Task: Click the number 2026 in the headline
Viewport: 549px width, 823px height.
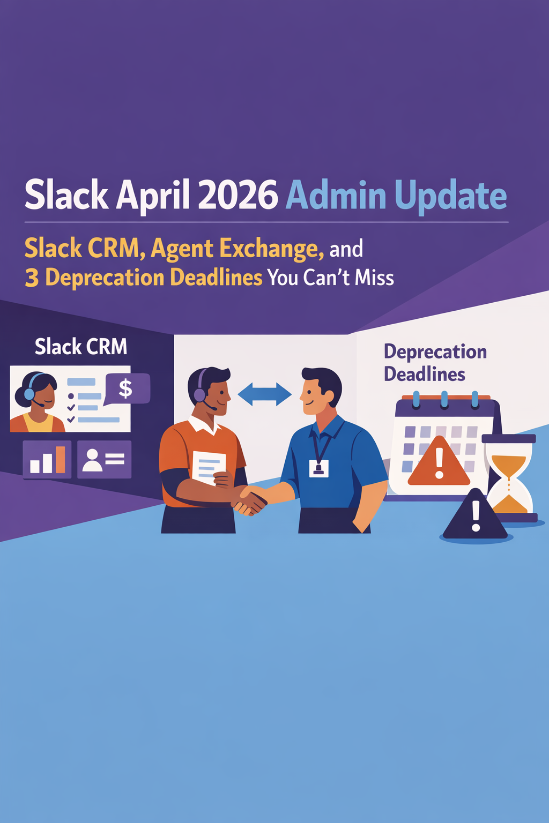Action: (238, 195)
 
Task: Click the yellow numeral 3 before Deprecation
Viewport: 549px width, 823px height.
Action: (32, 278)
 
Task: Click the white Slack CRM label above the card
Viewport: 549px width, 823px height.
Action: (81, 347)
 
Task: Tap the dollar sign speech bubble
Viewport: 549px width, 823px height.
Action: (126, 388)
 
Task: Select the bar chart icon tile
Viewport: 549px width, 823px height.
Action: (47, 459)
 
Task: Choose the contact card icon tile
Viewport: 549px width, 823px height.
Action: (104, 459)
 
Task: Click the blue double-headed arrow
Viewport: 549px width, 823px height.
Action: (264, 394)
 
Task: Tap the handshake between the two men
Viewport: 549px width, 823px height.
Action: (250, 500)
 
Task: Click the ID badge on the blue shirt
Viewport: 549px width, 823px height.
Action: (318, 468)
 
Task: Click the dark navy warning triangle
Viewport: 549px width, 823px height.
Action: (475, 517)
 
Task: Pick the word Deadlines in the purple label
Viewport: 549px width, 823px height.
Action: (424, 374)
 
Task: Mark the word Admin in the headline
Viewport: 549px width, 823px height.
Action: (336, 196)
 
